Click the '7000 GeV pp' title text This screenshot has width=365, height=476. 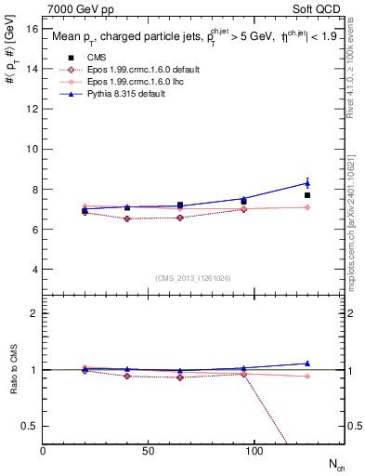tap(77, 8)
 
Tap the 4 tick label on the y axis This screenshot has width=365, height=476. tap(34, 270)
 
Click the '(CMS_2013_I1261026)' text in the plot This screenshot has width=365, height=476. tap(193, 278)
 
